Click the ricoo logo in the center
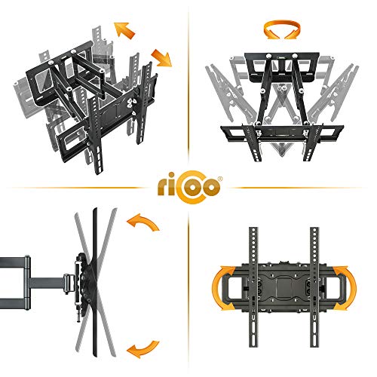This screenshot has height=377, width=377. tap(190, 187)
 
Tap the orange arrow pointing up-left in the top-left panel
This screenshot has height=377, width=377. tap(124, 30)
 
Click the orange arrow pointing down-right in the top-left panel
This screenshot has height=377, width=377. tap(161, 58)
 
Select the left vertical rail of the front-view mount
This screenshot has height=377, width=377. tap(253, 287)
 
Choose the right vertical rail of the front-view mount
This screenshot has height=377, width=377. tap(314, 287)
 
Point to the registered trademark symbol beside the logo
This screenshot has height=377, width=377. tap(220, 179)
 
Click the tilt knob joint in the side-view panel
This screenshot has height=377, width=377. tap(69, 284)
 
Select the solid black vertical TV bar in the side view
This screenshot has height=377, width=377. tap(95, 282)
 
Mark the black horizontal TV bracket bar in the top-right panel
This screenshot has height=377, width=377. tap(282, 131)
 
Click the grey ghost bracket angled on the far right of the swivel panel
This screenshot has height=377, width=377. tap(333, 93)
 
